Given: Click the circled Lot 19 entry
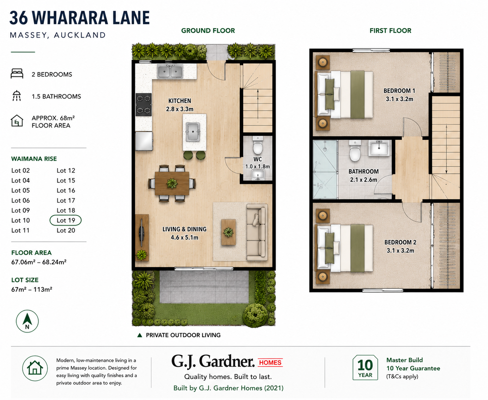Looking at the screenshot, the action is (65, 220).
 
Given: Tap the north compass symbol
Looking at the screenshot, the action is (27, 321).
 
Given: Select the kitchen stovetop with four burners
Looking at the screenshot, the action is (143, 104).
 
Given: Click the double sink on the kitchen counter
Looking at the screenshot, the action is (170, 71).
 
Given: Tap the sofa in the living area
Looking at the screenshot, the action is (257, 232).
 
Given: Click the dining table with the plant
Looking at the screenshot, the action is (172, 184).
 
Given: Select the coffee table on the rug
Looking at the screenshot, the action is (229, 232).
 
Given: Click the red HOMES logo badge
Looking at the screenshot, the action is (270, 363).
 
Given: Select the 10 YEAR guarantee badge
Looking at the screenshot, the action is (365, 368).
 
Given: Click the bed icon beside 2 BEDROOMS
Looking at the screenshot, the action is (17, 73).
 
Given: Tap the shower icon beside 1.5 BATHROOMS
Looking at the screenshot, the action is (17, 96).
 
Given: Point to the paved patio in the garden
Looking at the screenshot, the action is (204, 287).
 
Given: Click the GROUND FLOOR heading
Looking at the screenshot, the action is (208, 31).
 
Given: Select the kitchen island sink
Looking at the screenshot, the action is (193, 132).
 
